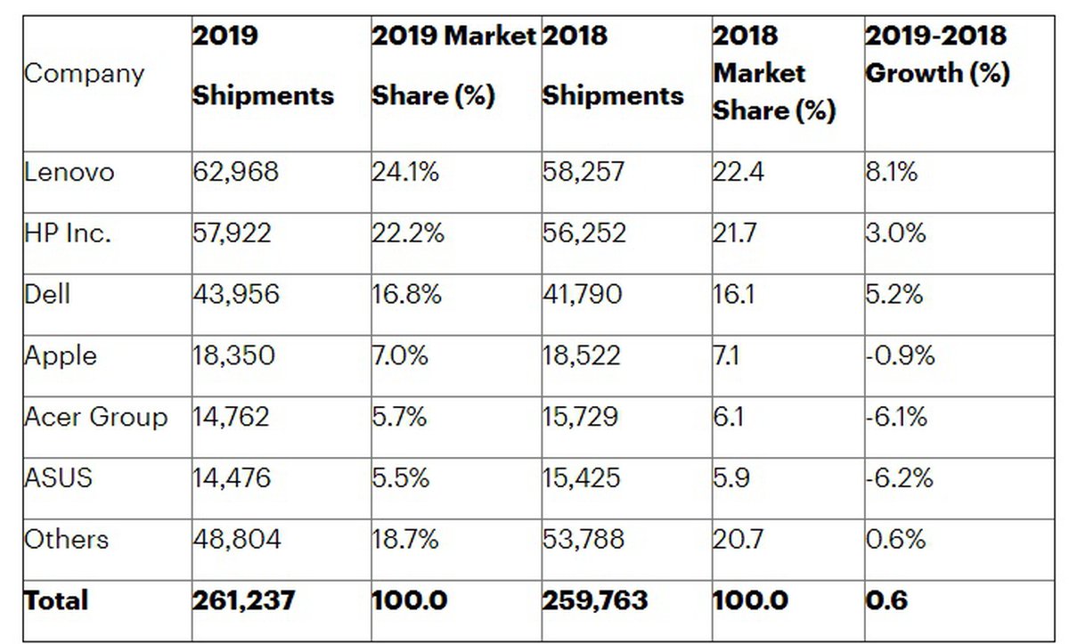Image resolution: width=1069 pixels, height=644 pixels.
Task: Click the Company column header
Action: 84,73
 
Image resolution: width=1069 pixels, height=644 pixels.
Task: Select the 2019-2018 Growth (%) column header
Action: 937,54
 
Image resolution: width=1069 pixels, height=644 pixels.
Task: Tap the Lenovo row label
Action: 69,172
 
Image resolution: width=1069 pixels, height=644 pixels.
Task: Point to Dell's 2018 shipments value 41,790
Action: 583,294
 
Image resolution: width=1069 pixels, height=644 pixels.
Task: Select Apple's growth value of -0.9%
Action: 900,355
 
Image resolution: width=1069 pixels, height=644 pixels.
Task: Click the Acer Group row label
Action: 95,417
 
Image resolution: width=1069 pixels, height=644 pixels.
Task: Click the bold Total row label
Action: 56,600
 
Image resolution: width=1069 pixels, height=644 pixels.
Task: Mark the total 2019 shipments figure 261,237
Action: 243,600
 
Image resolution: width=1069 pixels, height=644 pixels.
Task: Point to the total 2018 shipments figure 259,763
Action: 595,600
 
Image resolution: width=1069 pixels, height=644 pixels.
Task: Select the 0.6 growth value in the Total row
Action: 886,600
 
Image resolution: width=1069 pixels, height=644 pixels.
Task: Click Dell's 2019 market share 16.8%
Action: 406,294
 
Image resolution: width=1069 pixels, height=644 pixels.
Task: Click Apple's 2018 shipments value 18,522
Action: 581,355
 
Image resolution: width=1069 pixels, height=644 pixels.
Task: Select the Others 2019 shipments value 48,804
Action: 236,539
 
